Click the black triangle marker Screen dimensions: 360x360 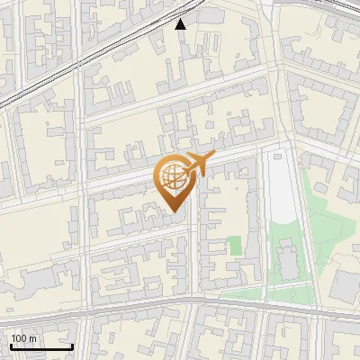point(181,24)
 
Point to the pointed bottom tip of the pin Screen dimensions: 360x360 point(173,212)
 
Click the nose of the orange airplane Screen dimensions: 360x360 point(212,157)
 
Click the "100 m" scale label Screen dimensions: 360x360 point(23,338)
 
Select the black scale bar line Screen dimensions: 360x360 point(41,346)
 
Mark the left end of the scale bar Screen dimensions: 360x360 point(11,346)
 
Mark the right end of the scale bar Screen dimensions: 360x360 point(72,346)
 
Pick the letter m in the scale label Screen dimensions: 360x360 point(32,338)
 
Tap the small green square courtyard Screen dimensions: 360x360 point(234,245)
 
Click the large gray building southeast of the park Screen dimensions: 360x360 point(346,286)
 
